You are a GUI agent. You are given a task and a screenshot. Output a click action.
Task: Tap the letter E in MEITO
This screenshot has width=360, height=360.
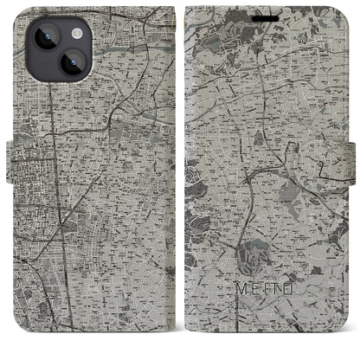(x=253, y=304)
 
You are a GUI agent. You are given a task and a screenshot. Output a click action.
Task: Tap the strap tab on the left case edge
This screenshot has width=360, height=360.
(x=11, y=157)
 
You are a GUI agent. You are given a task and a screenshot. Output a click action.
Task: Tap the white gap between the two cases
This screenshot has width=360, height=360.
(x=180, y=173)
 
